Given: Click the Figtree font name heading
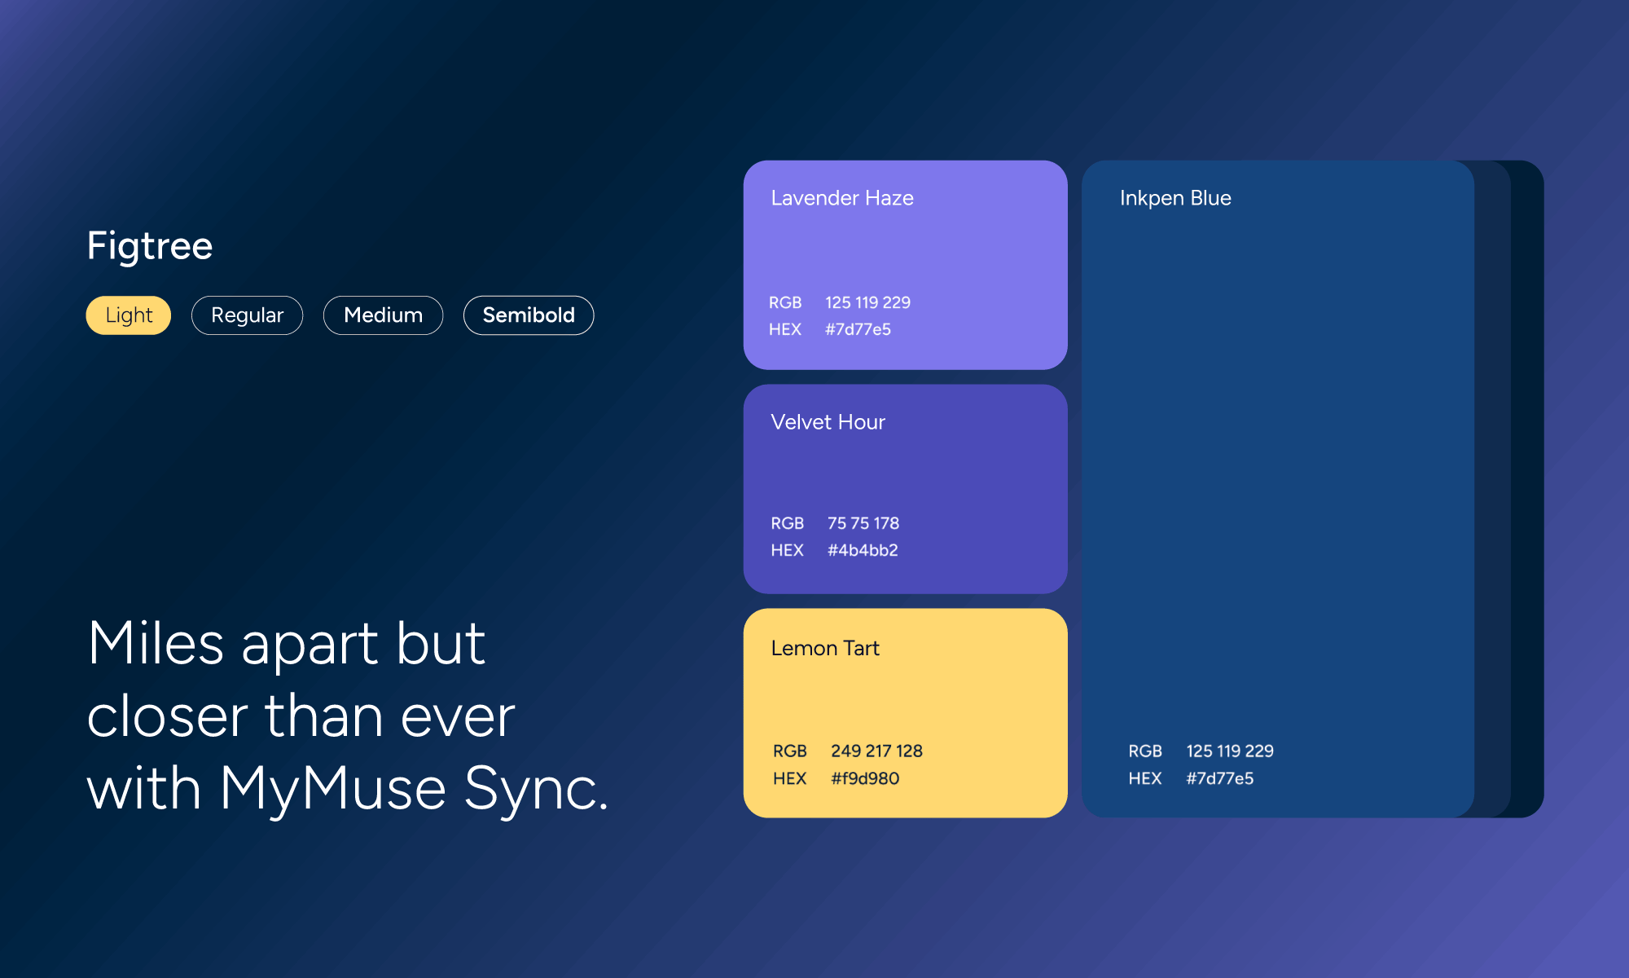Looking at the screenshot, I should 150,245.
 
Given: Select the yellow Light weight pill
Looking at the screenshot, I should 129,315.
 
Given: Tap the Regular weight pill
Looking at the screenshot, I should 247,315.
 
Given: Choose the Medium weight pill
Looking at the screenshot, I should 383,315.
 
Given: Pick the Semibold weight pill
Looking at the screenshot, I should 529,315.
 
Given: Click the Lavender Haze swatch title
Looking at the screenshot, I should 842,198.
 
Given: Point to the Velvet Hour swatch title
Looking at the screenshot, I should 828,422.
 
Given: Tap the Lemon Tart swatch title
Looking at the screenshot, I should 825,648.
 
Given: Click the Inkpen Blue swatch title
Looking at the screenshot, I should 1175,198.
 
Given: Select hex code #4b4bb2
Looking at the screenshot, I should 863,550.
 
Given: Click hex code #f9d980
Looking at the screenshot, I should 865,778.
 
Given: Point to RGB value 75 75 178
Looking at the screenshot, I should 863,523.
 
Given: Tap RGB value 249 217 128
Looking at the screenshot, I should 876,751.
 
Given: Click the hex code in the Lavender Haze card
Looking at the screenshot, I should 858,329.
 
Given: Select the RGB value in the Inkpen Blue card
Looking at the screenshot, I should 1230,751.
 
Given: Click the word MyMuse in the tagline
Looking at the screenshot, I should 332,788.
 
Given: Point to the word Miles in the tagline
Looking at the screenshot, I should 156,643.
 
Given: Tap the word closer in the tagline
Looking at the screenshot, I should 167,716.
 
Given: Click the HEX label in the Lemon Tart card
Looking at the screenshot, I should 789,778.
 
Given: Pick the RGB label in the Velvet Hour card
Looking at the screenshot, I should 787,523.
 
